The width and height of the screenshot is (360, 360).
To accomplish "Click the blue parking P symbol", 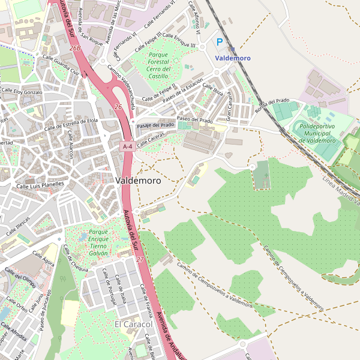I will click(220, 43).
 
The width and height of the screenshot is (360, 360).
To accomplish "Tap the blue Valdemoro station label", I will click(233, 58).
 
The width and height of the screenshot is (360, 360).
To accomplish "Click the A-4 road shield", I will click(127, 146).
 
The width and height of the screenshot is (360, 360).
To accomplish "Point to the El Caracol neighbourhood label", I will click(133, 324).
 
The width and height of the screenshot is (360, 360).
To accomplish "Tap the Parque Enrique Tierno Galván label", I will click(98, 242).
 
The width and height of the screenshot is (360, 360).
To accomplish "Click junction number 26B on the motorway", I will click(75, 47).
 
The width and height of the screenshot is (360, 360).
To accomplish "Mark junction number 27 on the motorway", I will click(140, 259).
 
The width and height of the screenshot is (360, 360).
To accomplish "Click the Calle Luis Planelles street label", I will click(40, 186).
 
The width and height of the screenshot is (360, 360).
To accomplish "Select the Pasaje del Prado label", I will click(155, 125).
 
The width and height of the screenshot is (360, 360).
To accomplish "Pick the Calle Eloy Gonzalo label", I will click(22, 92).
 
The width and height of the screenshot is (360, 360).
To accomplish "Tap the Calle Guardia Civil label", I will click(58, 65).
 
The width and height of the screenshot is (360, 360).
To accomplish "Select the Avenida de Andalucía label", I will click(169, 335).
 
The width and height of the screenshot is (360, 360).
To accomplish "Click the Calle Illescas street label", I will click(18, 226).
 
